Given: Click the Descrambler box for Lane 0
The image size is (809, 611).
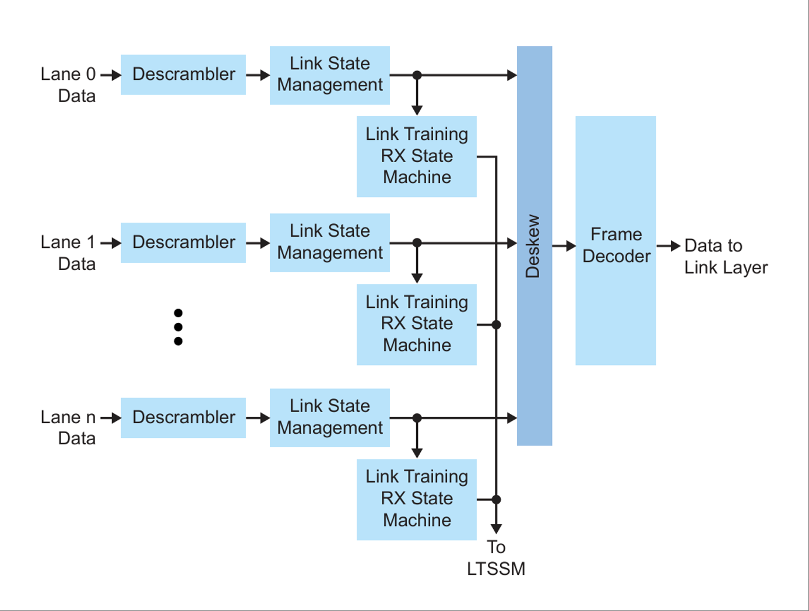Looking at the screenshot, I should point(183,75).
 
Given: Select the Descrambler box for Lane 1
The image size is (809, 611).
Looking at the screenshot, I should point(183,243).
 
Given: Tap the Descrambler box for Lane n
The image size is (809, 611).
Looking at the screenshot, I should point(183,417).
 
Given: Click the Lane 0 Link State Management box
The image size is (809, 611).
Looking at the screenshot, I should point(329,75).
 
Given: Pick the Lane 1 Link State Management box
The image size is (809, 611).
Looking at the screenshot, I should point(329,243).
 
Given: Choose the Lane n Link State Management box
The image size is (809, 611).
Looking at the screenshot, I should point(329,417).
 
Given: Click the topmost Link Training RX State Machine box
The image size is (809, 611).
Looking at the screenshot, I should point(416,156).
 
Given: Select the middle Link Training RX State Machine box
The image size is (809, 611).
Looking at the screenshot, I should point(416,324).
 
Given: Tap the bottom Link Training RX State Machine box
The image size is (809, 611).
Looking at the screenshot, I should point(416,499).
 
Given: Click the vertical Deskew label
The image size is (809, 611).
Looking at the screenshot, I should point(533,246).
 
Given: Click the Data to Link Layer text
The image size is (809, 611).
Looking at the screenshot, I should point(725,257).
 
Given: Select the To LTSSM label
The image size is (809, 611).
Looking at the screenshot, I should point(496,558).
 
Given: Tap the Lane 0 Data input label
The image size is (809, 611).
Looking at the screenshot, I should point(69,85).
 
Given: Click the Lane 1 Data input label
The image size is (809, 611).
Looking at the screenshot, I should point(69,253).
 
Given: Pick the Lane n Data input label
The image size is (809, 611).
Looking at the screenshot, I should point(69,428).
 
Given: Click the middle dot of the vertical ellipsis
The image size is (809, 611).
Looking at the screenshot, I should point(178,327).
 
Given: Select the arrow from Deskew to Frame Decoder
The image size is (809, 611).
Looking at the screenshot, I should point(564,246).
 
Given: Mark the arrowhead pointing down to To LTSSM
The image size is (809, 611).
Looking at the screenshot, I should point(496,528).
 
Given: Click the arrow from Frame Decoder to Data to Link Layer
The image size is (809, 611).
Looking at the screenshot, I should point(669,246).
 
